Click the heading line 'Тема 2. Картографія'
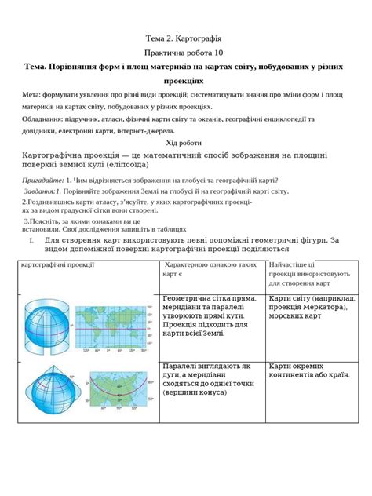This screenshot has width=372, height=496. (185, 38)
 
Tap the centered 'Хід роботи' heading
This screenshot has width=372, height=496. (185, 143)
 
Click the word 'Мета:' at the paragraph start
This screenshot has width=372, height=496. (13, 94)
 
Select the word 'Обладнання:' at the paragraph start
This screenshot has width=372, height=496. (24, 119)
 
